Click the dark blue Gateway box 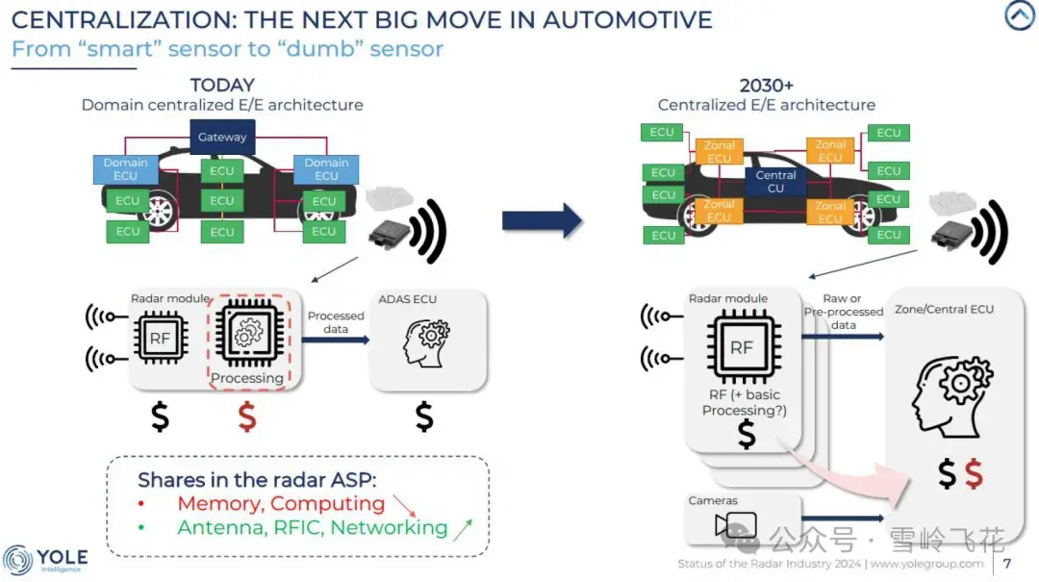pyautogui.click(x=222, y=137)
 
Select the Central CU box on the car pyautogui.click(x=775, y=181)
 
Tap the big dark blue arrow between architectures pyautogui.click(x=542, y=220)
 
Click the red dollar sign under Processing pyautogui.click(x=247, y=417)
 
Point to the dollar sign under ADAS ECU pyautogui.click(x=424, y=417)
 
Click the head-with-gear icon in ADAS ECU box pyautogui.click(x=427, y=342)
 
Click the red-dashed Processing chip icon pyautogui.click(x=249, y=332)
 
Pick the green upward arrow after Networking pyautogui.click(x=463, y=529)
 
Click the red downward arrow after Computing pyautogui.click(x=404, y=505)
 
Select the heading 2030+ pyautogui.click(x=766, y=86)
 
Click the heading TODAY pyautogui.click(x=222, y=85)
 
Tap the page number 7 pyautogui.click(x=1007, y=564)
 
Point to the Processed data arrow pyautogui.click(x=336, y=340)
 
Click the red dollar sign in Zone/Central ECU pyautogui.click(x=974, y=474)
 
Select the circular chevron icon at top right pyautogui.click(x=1020, y=15)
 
